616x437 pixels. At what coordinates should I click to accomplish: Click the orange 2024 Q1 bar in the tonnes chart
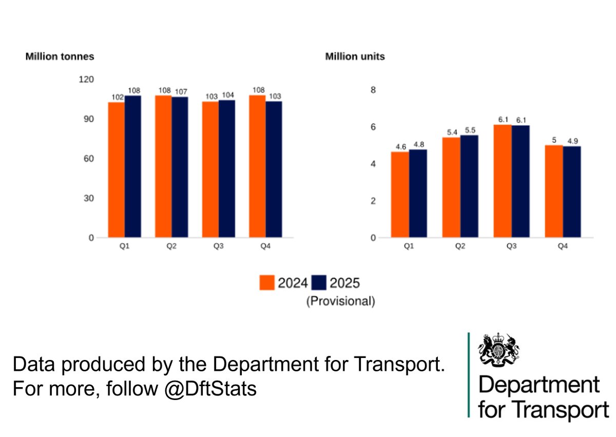coord(117,169)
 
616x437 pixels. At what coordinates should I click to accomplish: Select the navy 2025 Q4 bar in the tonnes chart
coord(274,169)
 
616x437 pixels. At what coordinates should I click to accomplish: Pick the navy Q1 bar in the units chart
coord(418,193)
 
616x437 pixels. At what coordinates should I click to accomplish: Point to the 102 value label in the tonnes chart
coord(117,98)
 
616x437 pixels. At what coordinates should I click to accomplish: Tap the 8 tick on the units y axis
coord(373,90)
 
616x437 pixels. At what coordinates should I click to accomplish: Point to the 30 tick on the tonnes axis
coord(89,198)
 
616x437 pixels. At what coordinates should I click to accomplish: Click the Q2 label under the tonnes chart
coord(171,246)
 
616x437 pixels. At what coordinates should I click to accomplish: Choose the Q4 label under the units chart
coord(563,246)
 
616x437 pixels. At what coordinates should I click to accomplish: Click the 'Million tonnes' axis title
coord(60,56)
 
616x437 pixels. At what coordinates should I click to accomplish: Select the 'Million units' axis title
coord(355,56)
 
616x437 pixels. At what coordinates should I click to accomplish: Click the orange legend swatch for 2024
coord(267,282)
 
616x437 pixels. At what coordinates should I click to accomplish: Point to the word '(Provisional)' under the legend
coord(341,301)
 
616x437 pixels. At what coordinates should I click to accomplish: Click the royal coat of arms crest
coord(496,351)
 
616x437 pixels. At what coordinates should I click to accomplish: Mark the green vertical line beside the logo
coord(469,375)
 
